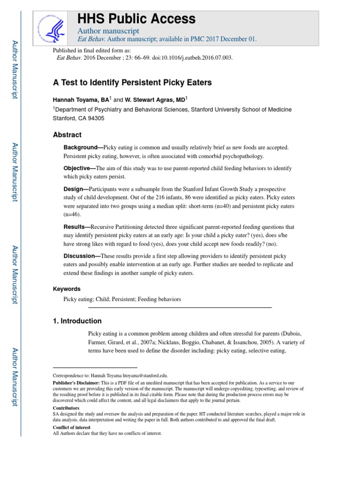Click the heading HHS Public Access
pyautogui.click(x=136, y=19)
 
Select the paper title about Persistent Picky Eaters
pyautogui.click(x=132, y=82)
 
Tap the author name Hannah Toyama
pyautogui.click(x=81, y=100)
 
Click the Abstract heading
pyautogui.click(x=67, y=135)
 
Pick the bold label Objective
pyautogui.click(x=78, y=168)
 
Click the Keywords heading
pyautogui.click(x=67, y=289)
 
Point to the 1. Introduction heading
pyautogui.click(x=77, y=321)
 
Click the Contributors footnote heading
pyautogui.click(x=66, y=408)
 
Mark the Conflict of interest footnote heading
pyautogui.click(x=70, y=427)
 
